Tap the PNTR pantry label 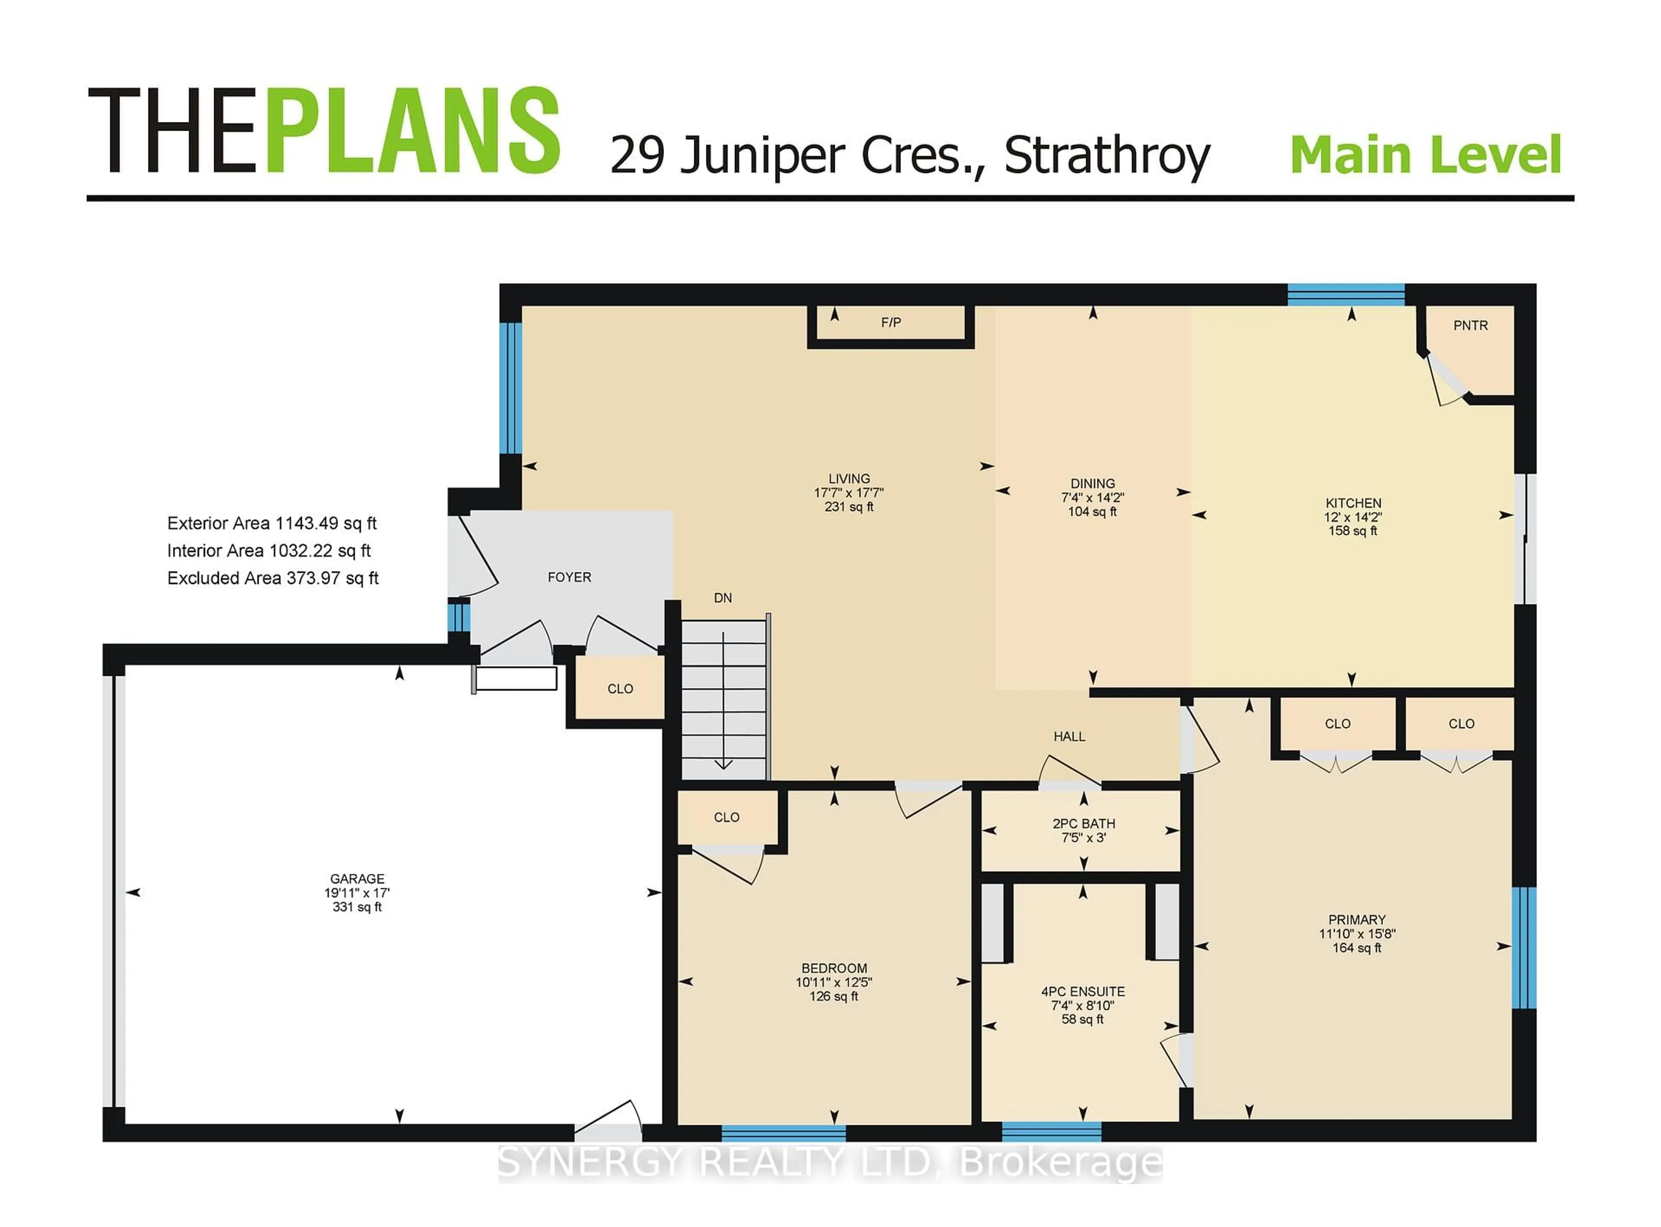click(x=1470, y=325)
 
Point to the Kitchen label click(x=1353, y=503)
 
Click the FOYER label click(x=569, y=577)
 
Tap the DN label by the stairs click(x=722, y=598)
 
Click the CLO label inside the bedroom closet click(x=726, y=817)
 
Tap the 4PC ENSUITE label click(x=1083, y=992)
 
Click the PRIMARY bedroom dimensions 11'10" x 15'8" click(x=1356, y=934)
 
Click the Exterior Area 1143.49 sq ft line click(x=272, y=524)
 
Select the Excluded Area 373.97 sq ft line click(x=273, y=578)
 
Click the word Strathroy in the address click(x=1106, y=156)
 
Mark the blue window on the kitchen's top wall click(x=1345, y=294)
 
